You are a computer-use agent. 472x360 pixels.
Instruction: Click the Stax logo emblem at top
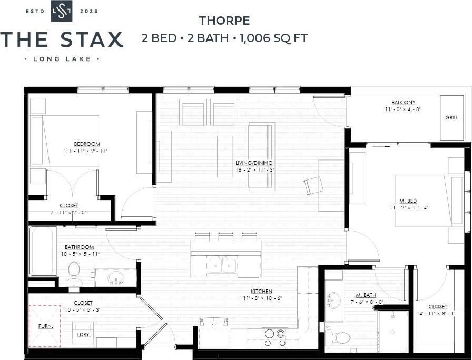62,11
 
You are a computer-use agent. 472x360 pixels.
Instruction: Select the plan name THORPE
224,21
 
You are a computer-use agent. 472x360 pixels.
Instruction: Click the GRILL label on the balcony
451,118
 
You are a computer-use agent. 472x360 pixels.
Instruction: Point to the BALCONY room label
403,102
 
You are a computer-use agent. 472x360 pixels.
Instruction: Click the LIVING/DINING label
254,163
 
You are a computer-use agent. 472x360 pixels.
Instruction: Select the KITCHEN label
262,291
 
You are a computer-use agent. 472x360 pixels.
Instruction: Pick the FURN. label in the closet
46,326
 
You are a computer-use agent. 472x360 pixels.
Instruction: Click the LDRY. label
83,334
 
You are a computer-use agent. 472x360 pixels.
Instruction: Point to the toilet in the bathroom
74,274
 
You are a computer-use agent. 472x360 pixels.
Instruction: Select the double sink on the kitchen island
222,266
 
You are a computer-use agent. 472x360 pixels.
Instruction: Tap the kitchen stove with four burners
274,337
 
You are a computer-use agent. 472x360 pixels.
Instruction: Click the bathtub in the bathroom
43,251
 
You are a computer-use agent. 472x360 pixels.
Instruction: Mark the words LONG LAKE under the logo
62,59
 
